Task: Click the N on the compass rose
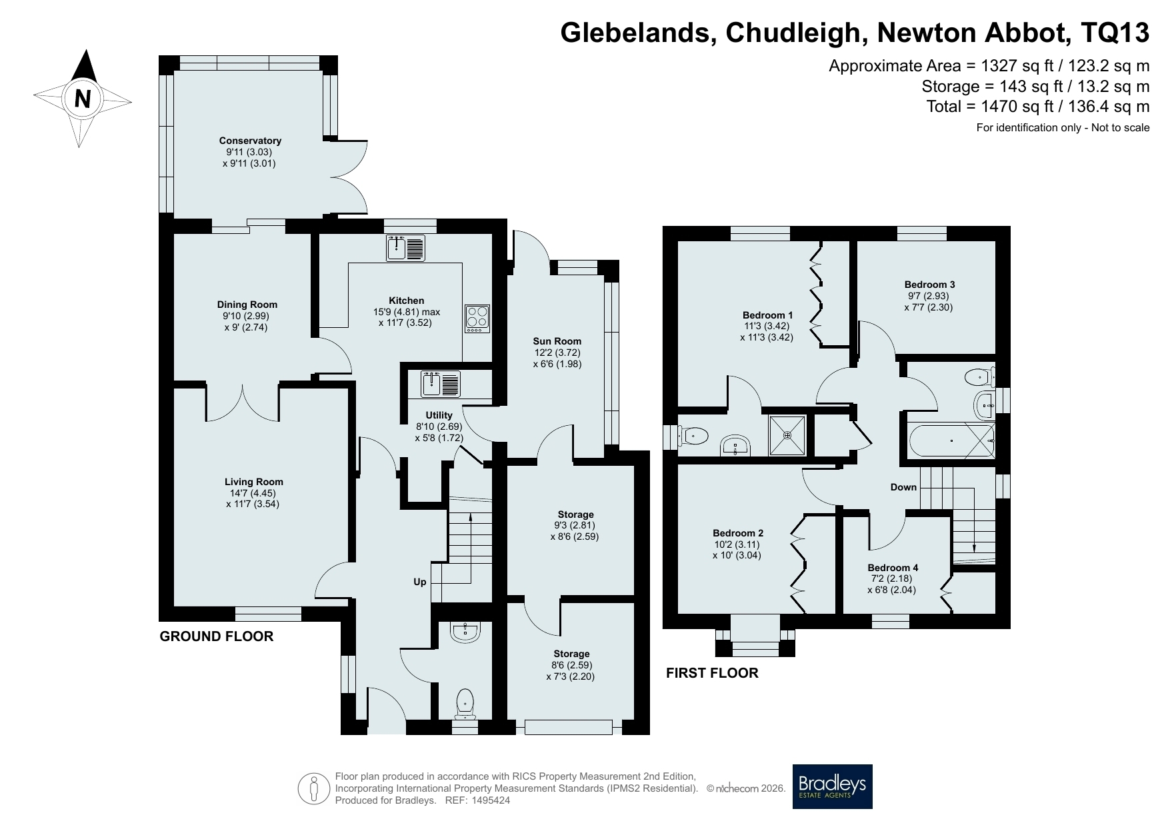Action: (83, 99)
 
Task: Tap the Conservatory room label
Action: (250, 141)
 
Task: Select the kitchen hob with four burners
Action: (477, 319)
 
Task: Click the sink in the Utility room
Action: (440, 385)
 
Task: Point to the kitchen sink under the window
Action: (405, 248)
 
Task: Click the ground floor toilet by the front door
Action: (465, 703)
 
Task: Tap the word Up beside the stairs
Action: (419, 582)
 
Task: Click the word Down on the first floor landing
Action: (903, 487)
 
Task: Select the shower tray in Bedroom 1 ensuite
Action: (787, 435)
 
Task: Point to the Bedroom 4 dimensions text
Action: (893, 584)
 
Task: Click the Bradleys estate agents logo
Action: (832, 786)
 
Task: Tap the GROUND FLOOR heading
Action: (217, 636)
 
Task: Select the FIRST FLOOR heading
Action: (712, 673)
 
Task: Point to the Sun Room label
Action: (557, 341)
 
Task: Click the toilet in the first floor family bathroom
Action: (980, 378)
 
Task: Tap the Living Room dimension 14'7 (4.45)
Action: (253, 493)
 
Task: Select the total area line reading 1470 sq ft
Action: (1038, 107)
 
